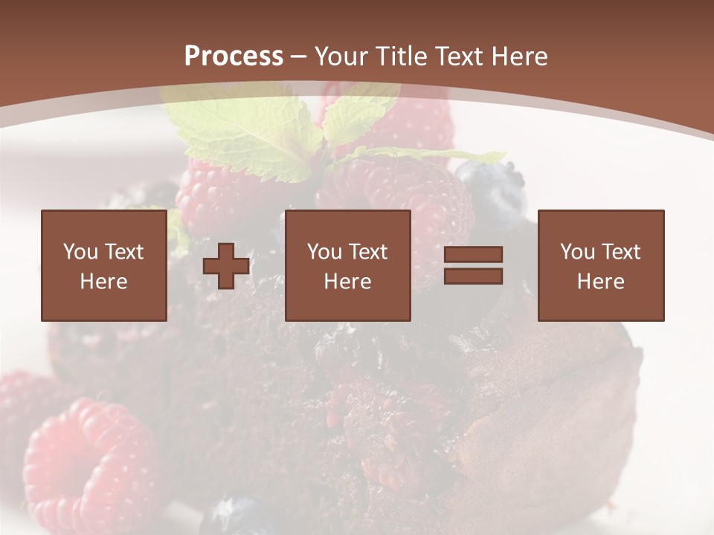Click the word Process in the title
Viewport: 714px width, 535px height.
click(234, 56)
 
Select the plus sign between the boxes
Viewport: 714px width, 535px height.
click(226, 266)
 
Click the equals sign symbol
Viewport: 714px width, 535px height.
click(473, 265)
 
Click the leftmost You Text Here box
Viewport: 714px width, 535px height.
click(103, 265)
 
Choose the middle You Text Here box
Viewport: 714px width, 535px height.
click(347, 265)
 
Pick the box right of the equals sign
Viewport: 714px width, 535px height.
click(600, 265)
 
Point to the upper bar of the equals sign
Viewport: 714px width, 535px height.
click(473, 255)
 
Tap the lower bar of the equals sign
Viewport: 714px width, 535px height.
click(473, 276)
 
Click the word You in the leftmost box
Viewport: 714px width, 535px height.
click(80, 252)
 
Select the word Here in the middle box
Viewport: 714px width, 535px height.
click(347, 282)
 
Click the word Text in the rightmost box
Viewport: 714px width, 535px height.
click(621, 252)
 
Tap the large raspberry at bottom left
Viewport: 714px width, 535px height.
click(89, 464)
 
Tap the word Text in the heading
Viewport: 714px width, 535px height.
click(457, 56)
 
